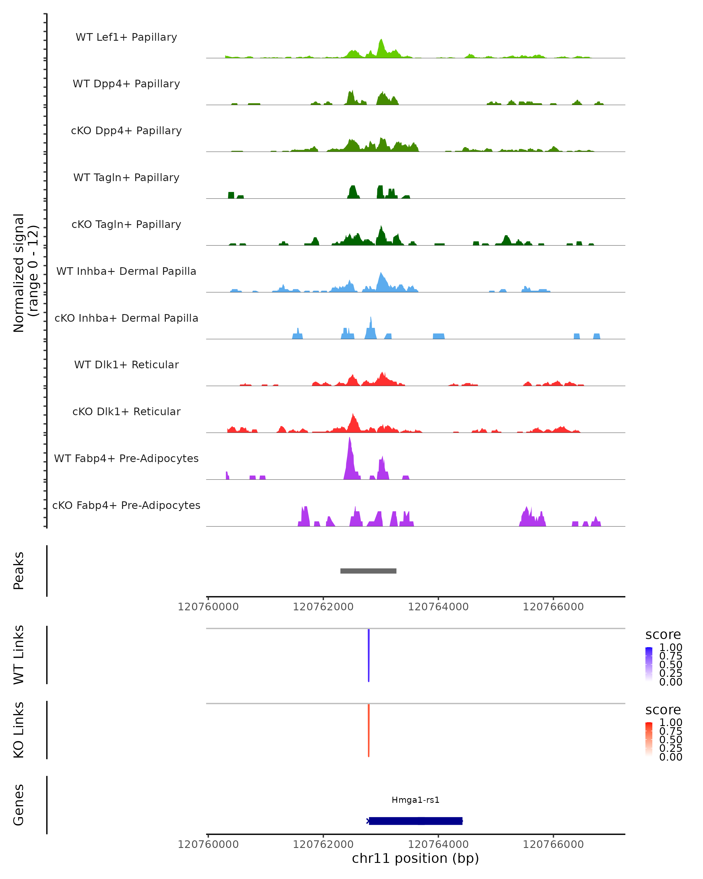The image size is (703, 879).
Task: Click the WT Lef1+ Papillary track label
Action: pos(126,37)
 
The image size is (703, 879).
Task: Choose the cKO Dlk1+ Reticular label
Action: pos(126,411)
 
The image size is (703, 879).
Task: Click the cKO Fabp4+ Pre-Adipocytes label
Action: pos(126,505)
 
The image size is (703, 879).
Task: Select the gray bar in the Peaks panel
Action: pos(368,571)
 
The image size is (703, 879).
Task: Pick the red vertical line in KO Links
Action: pos(368,730)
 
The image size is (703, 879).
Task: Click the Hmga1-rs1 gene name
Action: pos(415,800)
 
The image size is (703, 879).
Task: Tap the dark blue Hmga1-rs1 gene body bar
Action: pos(415,821)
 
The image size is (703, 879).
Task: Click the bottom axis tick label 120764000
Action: pos(438,844)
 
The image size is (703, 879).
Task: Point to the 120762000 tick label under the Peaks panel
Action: pos(323,607)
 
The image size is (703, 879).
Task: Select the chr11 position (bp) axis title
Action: pos(415,858)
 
